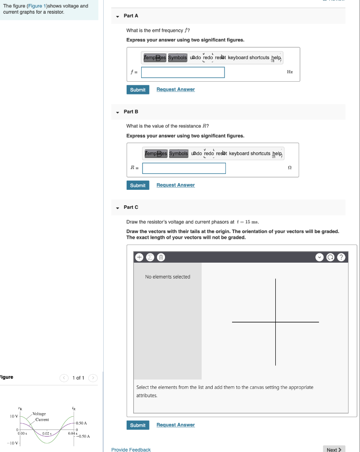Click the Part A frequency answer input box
tap(183, 72)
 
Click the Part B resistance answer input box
tap(184, 168)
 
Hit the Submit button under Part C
tap(138, 425)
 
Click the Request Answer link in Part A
tap(176, 90)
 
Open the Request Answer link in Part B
tap(176, 185)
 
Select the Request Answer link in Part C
tap(176, 425)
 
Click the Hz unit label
tap(289, 72)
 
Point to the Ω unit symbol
tap(289, 168)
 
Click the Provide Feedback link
tap(131, 449)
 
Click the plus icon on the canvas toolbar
tap(139, 257)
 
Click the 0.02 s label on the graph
tap(47, 434)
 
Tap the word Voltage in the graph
tap(39, 414)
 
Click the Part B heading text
tap(131, 112)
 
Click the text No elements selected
tap(168, 277)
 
